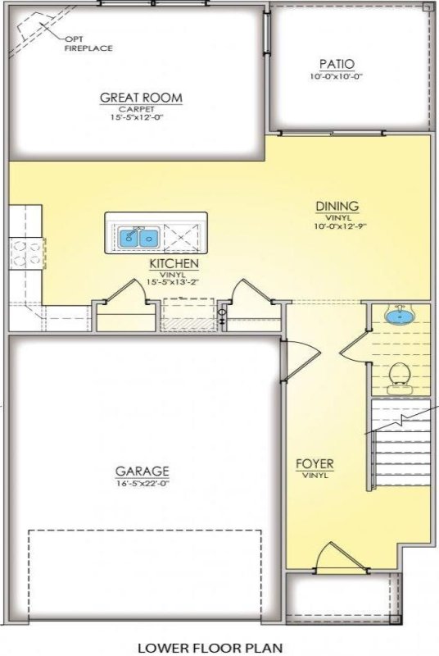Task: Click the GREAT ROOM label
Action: click(x=141, y=98)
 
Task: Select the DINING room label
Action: click(x=337, y=207)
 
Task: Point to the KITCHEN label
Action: click(x=173, y=264)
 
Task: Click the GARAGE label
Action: click(x=142, y=471)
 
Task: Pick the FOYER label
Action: click(x=315, y=464)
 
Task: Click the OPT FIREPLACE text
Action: click(x=88, y=43)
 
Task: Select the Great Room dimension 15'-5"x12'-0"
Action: click(x=141, y=118)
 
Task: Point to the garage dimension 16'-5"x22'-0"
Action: click(x=142, y=483)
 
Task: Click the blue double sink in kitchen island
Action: click(x=138, y=237)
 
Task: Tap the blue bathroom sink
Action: click(x=399, y=315)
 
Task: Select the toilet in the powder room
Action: click(x=399, y=376)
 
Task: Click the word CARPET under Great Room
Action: click(x=141, y=108)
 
